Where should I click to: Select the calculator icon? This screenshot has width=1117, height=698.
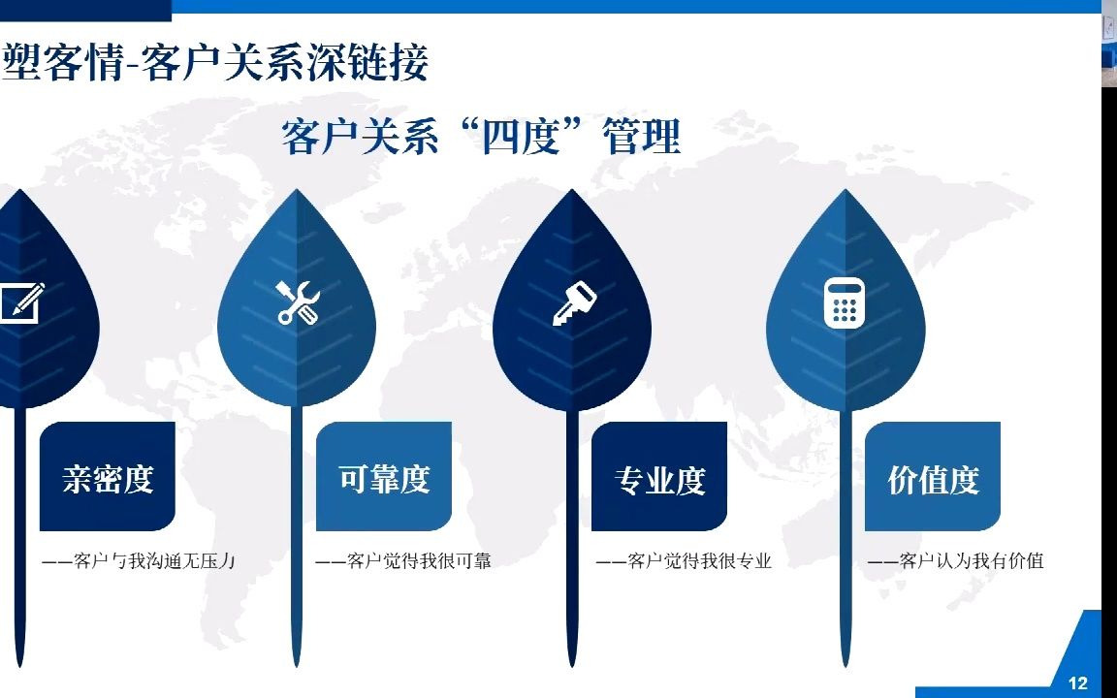pyautogui.click(x=844, y=302)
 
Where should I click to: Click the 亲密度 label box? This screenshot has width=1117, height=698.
pyautogui.click(x=108, y=477)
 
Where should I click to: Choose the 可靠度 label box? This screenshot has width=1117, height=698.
pyautogui.click(x=384, y=477)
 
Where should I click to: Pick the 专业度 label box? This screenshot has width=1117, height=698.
pyautogui.click(x=659, y=477)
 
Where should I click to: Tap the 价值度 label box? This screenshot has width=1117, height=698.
pyautogui.click(x=933, y=477)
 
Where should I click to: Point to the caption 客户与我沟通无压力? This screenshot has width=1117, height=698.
pyautogui.click(x=140, y=560)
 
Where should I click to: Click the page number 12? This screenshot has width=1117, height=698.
pyautogui.click(x=1077, y=683)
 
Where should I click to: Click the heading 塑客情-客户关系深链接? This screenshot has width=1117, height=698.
pyautogui.click(x=215, y=64)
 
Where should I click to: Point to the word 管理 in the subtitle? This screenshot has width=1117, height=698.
pyautogui.click(x=641, y=137)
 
